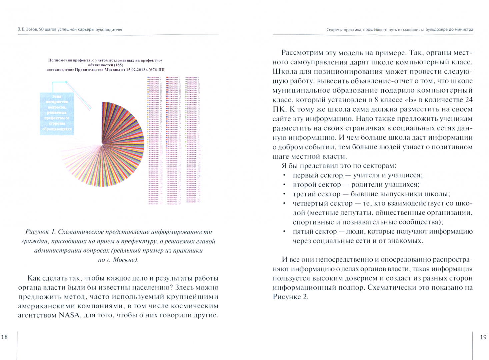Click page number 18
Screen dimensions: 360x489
click(4, 337)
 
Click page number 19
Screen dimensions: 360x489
click(483, 337)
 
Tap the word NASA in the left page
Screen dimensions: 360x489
click(69, 315)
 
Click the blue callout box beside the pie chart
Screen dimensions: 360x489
click(56, 114)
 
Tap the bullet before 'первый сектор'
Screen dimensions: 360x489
click(284, 175)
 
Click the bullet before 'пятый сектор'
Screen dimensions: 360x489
click(284, 232)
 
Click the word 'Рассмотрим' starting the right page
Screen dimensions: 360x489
click(303, 53)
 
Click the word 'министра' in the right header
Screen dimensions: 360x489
click(463, 29)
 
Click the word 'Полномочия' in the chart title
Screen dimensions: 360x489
click(59, 60)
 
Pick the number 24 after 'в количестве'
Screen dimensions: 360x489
click(468, 100)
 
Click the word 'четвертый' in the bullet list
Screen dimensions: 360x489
click(308, 203)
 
